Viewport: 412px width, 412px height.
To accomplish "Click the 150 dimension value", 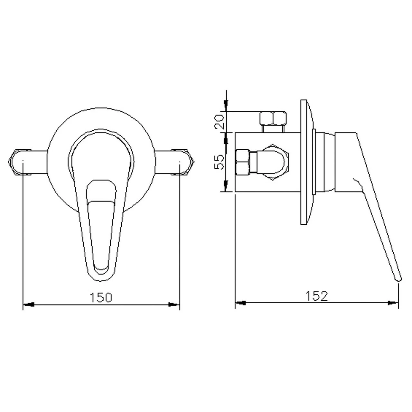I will (x=101, y=297).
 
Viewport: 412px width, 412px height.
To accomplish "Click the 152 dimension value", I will (x=317, y=296).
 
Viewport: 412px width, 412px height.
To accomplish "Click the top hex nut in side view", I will (x=273, y=118).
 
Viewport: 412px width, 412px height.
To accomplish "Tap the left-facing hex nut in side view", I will (x=242, y=162).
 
